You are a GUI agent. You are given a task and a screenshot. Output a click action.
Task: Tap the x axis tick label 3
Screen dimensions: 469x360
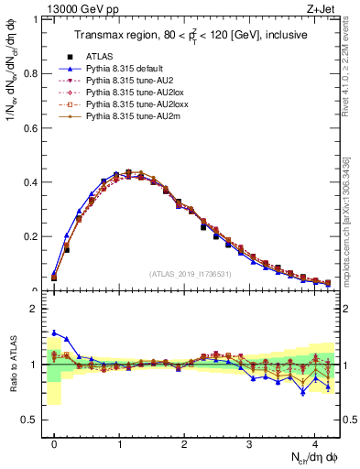click(x=250, y=442)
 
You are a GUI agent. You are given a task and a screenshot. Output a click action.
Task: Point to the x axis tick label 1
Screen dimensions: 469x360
click(x=119, y=442)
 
